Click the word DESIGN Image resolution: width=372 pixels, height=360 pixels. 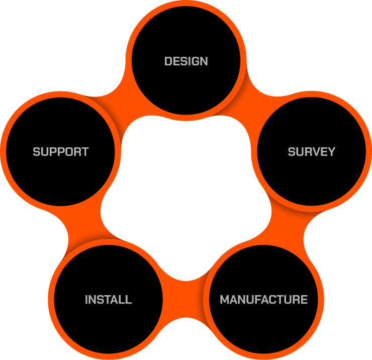[x=186, y=61]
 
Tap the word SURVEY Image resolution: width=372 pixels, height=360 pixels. [x=311, y=151]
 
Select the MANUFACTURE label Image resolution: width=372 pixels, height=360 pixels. [x=263, y=300]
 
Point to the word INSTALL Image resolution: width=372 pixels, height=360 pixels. [x=108, y=300]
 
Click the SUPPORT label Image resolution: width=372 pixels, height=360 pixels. [x=60, y=151]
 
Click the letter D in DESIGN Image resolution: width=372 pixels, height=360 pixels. [x=168, y=61]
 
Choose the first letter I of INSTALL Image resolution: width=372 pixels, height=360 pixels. [x=86, y=300]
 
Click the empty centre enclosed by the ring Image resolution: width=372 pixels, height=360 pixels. [x=186, y=191]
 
